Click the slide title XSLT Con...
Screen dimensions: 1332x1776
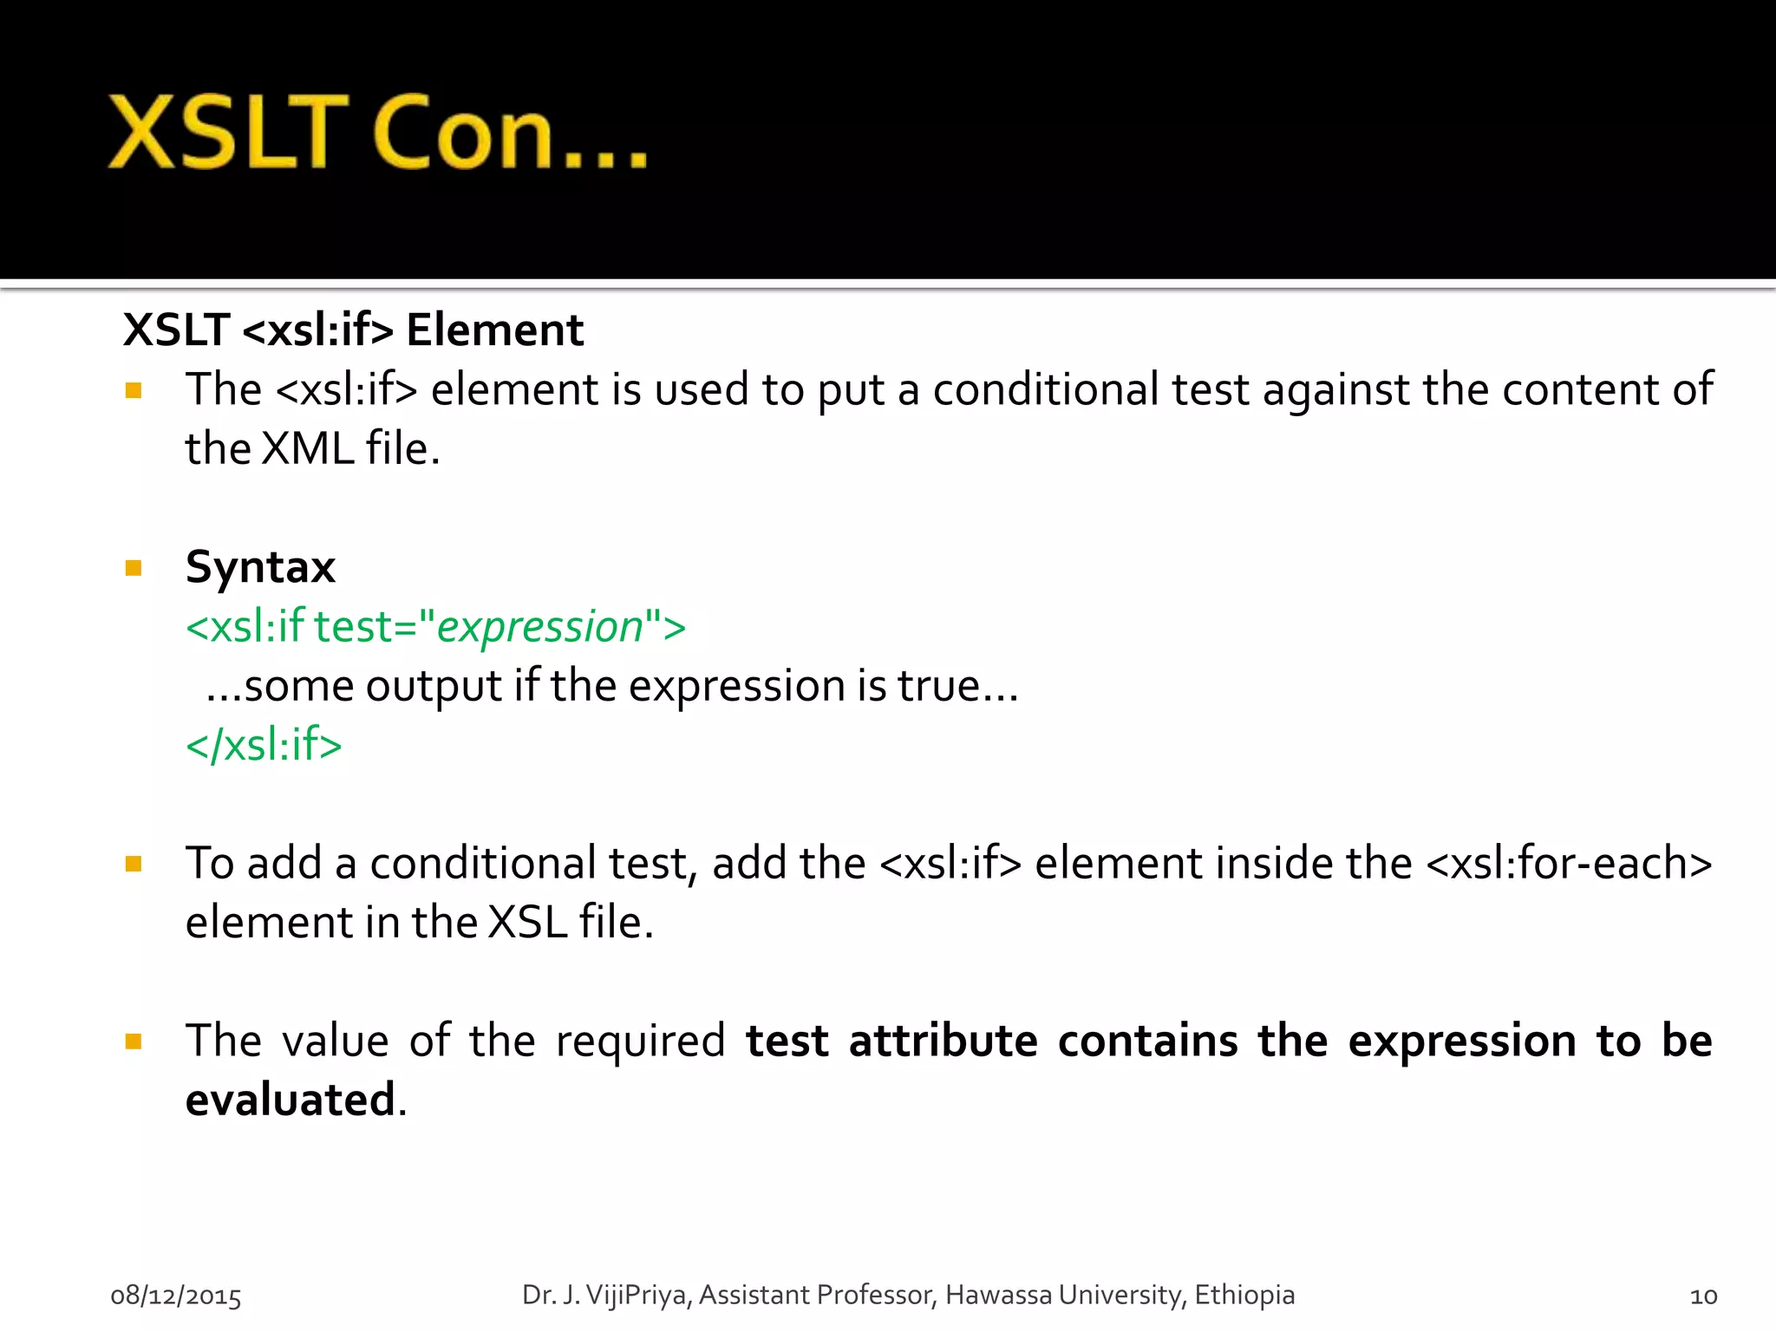point(377,132)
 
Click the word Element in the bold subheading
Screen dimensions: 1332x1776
point(494,330)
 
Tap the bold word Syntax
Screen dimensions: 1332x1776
point(260,567)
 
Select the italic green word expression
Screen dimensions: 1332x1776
point(539,627)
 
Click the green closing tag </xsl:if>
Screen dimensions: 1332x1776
point(264,745)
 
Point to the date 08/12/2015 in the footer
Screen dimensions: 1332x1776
point(176,1296)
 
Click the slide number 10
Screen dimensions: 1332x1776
point(1703,1296)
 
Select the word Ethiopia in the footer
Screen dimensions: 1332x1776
point(1244,1295)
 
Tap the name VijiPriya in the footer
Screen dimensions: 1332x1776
point(637,1295)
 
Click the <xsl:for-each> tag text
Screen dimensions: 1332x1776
point(1569,864)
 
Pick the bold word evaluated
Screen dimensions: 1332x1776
point(291,1100)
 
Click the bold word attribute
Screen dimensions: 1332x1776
point(943,1041)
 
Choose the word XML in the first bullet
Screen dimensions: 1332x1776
point(307,449)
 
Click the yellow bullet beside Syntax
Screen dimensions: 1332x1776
point(134,569)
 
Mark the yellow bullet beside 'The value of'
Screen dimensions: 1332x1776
point(134,1041)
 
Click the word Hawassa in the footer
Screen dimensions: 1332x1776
point(998,1295)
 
